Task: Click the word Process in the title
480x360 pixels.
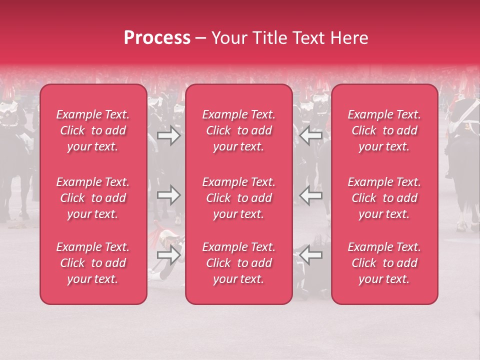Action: pos(157,38)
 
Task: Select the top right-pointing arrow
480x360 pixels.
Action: pos(168,135)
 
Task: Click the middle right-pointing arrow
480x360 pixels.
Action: pos(168,195)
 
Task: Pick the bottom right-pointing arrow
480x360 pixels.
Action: pos(168,254)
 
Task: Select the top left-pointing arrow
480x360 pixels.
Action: pos(311,135)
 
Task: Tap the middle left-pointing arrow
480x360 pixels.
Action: pos(311,195)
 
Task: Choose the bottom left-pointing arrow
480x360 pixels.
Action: pos(311,254)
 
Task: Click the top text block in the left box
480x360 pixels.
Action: pos(93,130)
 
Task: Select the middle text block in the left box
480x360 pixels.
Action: pos(93,198)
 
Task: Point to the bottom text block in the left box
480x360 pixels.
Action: pos(93,263)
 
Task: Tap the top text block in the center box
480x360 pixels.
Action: pos(239,130)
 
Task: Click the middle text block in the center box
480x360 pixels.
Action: pos(239,198)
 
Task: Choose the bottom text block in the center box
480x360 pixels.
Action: pos(239,263)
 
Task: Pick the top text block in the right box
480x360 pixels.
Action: pos(384,130)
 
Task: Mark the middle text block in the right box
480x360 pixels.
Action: pos(384,198)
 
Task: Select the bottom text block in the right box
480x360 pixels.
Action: pos(384,263)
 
